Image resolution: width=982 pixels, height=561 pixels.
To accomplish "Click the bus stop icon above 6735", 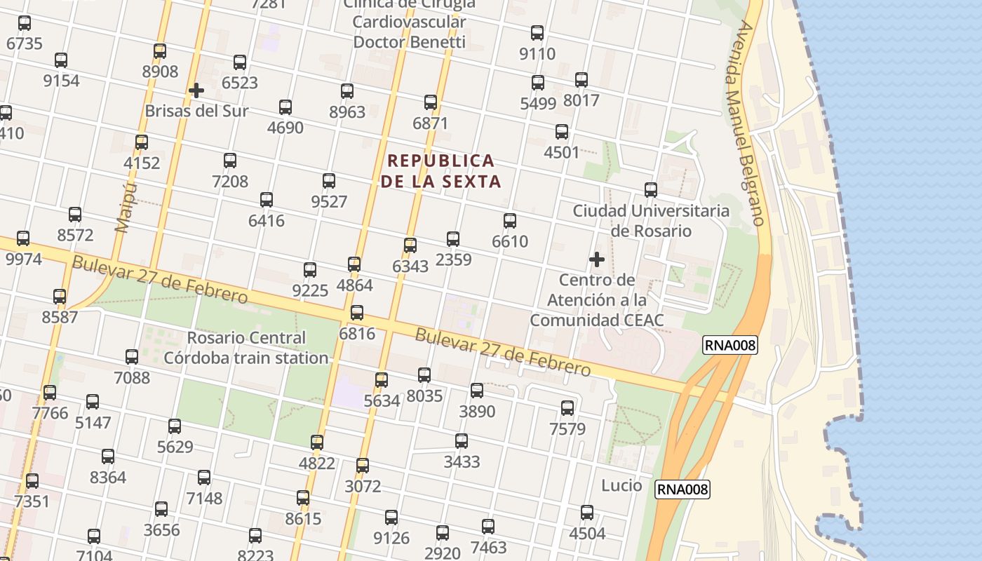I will point(25,23).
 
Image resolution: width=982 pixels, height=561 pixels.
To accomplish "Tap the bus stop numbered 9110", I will point(537,33).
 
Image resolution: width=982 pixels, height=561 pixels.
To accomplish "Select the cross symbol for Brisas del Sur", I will point(196,90).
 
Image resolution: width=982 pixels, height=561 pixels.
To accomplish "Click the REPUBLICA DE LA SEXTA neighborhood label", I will point(440,171).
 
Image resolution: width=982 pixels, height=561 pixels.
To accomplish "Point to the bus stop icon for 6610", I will point(510,221).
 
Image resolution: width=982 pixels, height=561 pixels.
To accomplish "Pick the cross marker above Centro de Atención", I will point(597,259).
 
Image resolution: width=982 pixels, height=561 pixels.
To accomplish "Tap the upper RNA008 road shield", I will point(729,344).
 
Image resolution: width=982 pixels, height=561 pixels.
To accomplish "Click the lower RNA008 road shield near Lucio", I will point(682,489).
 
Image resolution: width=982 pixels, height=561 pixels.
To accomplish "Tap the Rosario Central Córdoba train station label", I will point(246,348).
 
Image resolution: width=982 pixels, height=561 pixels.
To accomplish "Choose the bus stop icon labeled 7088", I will point(132,357).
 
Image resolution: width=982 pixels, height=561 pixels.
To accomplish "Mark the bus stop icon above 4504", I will point(587,513).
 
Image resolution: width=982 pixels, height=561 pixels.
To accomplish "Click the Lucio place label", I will point(621,485).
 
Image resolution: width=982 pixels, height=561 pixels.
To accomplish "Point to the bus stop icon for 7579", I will point(567,407).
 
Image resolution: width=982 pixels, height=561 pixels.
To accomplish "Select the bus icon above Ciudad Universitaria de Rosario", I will point(651,190).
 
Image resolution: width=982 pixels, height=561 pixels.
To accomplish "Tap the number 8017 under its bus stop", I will point(581,100).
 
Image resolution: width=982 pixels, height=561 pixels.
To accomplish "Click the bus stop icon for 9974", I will point(23,238).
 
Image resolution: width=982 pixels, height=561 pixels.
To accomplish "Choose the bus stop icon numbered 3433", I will point(462,441).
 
